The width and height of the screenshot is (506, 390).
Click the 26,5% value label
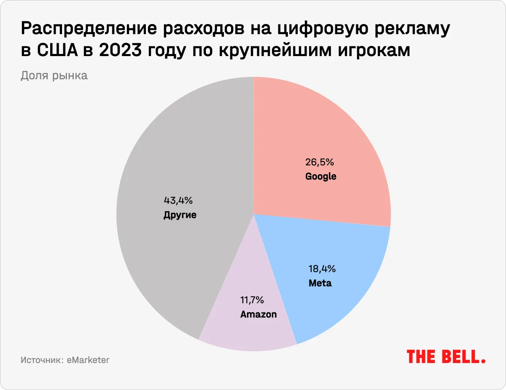tap(320, 162)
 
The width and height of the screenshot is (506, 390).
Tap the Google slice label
tap(320, 176)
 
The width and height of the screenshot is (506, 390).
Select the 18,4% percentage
tap(320, 269)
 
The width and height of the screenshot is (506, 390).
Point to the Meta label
tap(320, 283)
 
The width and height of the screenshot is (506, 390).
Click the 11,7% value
tap(252, 300)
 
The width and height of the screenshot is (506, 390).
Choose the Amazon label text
tap(258, 314)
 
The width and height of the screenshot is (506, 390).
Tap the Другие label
tap(180, 215)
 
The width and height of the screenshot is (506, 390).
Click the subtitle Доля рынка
tap(54, 76)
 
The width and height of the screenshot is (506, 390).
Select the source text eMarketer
tap(88, 360)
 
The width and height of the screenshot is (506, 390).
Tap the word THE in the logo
tap(422, 357)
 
